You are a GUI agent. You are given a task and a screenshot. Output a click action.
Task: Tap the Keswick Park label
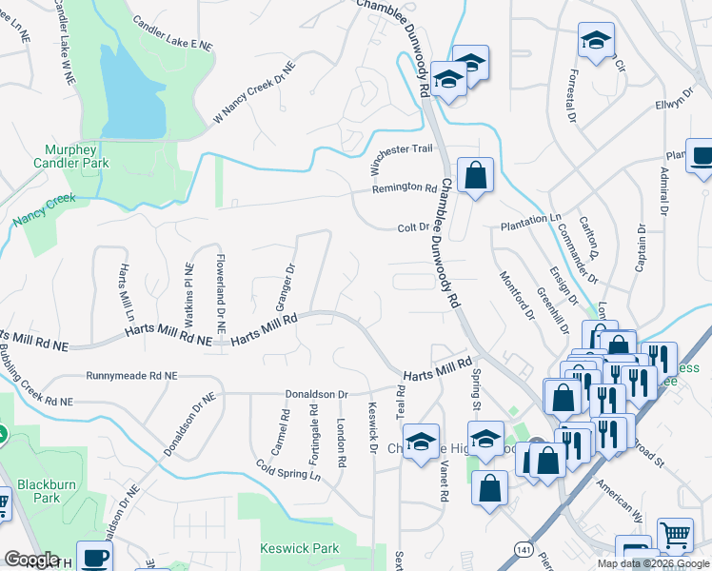point(300,549)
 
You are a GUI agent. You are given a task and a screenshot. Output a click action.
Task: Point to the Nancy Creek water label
point(44,210)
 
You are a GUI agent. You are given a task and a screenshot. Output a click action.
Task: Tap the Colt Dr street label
point(413,228)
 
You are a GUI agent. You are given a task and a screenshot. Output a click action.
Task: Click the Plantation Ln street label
point(531,219)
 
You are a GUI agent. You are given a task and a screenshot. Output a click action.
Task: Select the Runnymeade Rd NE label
point(131,377)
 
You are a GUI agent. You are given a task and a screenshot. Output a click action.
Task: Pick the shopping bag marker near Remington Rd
point(475,175)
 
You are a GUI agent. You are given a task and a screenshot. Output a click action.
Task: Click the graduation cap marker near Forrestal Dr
point(596,40)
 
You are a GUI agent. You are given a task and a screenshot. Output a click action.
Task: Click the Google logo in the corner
point(31,560)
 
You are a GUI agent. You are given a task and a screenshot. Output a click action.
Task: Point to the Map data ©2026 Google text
point(652,563)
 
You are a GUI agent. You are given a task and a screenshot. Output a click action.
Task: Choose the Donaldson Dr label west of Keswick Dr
point(317,393)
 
